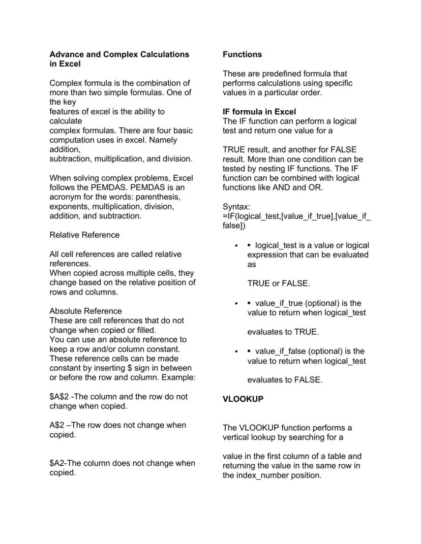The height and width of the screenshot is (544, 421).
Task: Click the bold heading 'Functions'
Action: click(x=243, y=54)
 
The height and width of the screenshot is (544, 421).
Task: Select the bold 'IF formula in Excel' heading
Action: click(x=259, y=112)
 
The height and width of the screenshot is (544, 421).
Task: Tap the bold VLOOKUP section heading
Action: click(x=243, y=399)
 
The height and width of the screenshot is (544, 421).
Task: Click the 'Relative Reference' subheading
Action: click(x=84, y=235)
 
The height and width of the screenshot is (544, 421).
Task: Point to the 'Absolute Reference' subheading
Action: click(x=85, y=311)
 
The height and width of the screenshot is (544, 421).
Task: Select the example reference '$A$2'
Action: click(x=59, y=397)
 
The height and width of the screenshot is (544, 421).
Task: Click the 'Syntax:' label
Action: click(x=236, y=207)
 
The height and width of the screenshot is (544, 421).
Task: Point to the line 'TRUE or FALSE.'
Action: click(x=279, y=283)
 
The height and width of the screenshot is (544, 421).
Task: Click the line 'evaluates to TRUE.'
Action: click(x=283, y=332)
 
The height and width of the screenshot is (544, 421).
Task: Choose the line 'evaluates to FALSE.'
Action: click(x=285, y=380)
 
